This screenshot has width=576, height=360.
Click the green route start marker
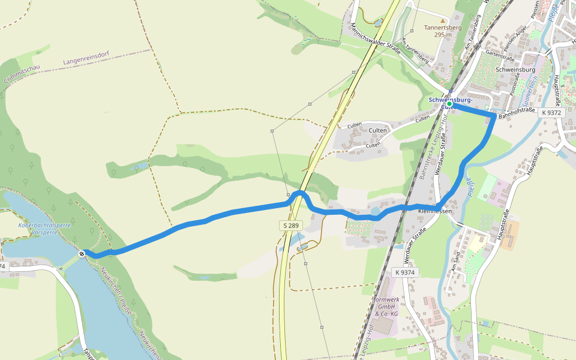pyautogui.click(x=449, y=104)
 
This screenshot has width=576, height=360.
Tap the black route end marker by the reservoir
pyautogui.click(x=82, y=253)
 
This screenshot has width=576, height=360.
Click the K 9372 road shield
pyautogui.click(x=550, y=112)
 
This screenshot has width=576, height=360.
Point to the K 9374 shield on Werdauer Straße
pyautogui.click(x=405, y=272)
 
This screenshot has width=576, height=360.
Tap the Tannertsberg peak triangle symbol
pyautogui.click(x=443, y=21)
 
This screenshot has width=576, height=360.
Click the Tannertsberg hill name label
pyautogui.click(x=443, y=28)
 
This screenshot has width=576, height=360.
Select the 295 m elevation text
pyautogui.click(x=443, y=35)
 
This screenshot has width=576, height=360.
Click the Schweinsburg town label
pyautogui.click(x=515, y=70)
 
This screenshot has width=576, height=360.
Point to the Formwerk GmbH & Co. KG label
pyautogui.click(x=386, y=306)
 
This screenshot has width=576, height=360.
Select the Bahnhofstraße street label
pyautogui.click(x=516, y=113)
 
